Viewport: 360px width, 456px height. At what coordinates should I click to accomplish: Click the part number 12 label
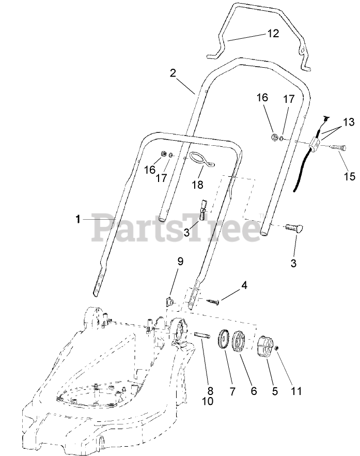[273, 34]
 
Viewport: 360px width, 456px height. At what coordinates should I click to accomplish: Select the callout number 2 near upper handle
[173, 72]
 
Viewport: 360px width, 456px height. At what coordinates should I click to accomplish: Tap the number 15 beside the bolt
[349, 176]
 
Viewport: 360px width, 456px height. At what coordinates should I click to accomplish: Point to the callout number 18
[198, 185]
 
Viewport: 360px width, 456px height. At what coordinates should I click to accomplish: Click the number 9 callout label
[180, 262]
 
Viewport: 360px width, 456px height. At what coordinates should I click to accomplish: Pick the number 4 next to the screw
[243, 285]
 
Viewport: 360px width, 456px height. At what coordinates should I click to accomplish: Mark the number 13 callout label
[349, 123]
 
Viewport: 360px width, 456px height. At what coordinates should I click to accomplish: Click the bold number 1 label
[77, 219]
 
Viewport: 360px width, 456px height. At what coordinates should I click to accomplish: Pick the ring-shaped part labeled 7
[225, 340]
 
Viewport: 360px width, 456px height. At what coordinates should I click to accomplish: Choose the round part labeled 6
[243, 342]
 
